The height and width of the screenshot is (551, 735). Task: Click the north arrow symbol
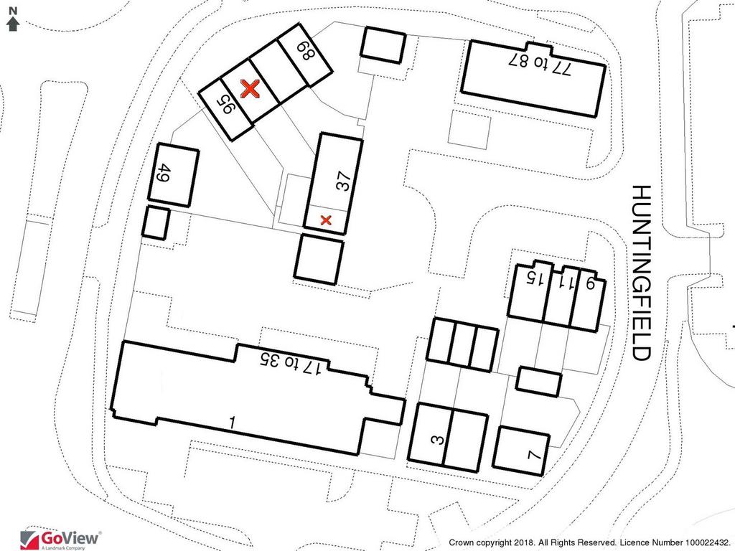[x=13, y=24]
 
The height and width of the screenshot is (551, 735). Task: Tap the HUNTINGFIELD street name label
[x=641, y=273]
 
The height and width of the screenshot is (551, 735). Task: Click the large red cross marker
[x=250, y=88]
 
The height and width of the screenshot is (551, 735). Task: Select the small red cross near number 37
[x=326, y=220]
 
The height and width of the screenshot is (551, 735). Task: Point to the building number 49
[x=163, y=173]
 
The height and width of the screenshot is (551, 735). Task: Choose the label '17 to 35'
[x=290, y=364]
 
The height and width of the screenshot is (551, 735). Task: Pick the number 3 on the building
[x=436, y=440]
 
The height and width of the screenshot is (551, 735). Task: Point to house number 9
[x=590, y=283]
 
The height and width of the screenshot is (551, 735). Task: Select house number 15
[x=535, y=279]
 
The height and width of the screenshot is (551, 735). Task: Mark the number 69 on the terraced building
[x=306, y=51]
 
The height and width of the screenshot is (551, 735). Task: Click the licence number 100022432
[x=706, y=542]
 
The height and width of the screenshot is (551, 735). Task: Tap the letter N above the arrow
[x=13, y=11]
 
